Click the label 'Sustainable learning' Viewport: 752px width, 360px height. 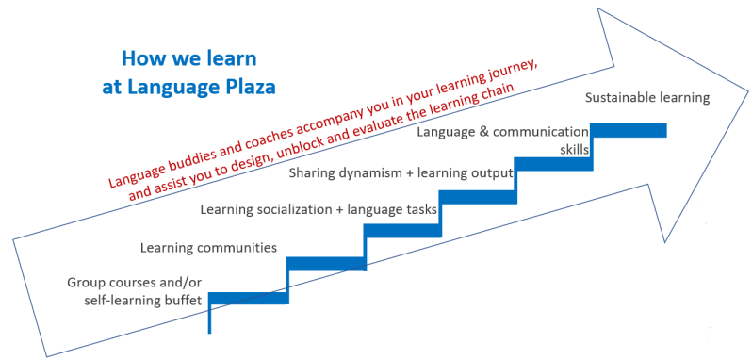(x=646, y=97)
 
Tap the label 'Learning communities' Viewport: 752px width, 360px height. (x=208, y=248)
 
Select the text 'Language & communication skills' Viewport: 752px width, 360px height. (x=503, y=140)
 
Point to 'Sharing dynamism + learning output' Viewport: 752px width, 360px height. (x=401, y=172)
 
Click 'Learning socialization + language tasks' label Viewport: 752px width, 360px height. (x=319, y=209)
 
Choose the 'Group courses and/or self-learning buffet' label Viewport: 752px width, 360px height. (x=135, y=291)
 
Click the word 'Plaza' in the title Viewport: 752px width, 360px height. (x=242, y=89)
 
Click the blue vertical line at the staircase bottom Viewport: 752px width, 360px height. (x=209, y=318)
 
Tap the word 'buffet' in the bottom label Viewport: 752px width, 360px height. (x=182, y=301)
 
